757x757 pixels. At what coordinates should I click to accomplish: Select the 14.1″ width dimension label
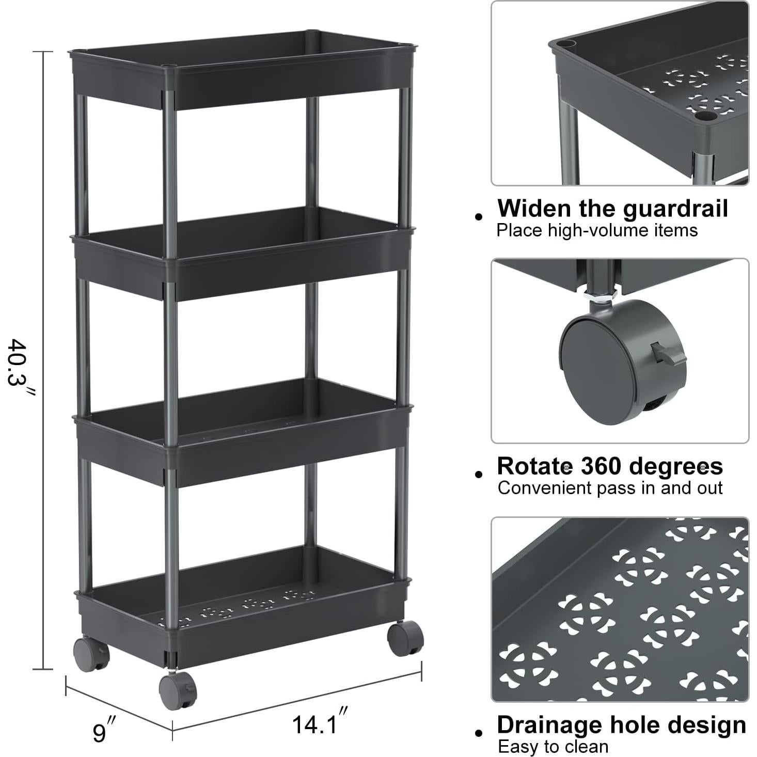[x=319, y=723]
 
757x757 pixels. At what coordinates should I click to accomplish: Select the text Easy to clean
[x=553, y=747]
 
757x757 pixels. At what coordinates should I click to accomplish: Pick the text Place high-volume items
[x=597, y=230]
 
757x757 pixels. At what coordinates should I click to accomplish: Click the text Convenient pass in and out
[x=610, y=488]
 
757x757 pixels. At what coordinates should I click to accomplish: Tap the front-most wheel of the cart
[x=177, y=690]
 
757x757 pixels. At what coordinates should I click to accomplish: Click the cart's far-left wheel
[x=91, y=654]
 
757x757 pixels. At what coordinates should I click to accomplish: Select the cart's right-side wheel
[x=405, y=638]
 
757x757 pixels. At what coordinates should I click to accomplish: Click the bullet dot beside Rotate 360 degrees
[x=479, y=474]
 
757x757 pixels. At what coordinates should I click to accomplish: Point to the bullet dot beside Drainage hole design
[x=479, y=733]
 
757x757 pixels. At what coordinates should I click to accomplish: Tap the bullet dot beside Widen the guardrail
[x=479, y=216]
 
